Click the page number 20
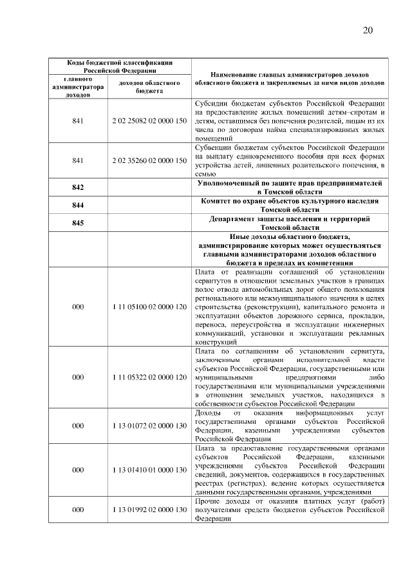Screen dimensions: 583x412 click(x=368, y=30)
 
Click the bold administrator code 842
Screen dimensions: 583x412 click(x=78, y=187)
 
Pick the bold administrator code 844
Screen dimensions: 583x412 click(x=78, y=205)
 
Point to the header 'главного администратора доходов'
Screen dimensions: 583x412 click(x=78, y=87)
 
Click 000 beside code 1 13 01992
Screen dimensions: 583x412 click(x=78, y=510)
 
